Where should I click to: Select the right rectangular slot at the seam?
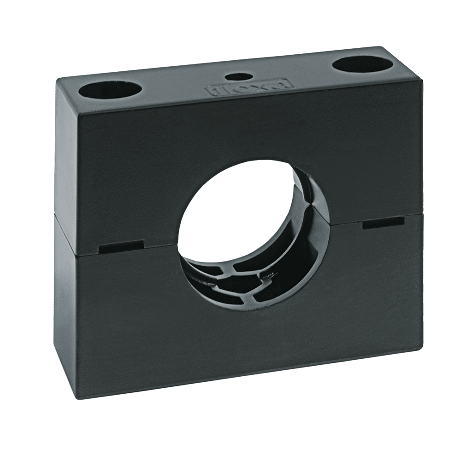pos(382,224)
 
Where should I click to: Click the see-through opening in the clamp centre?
pos(235,212)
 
